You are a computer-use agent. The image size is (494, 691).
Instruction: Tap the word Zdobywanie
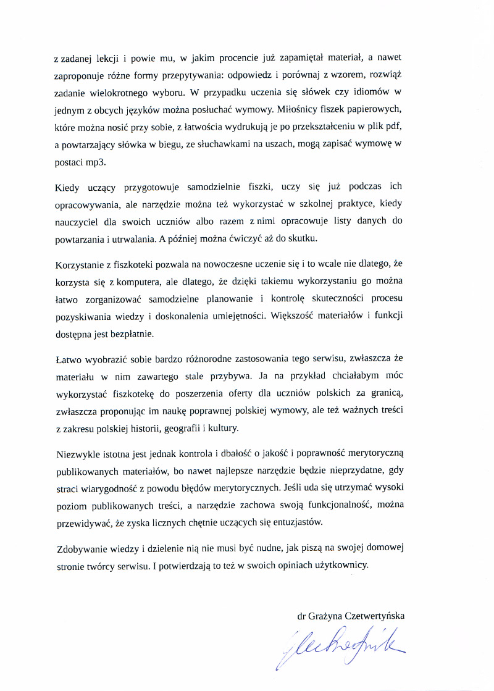click(80, 549)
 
